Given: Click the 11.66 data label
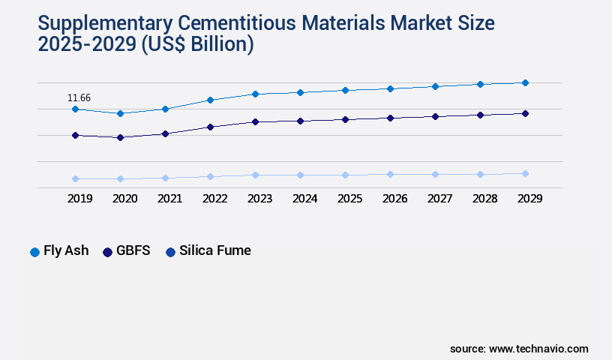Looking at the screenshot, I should point(79,97).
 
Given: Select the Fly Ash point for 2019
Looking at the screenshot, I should point(75,109).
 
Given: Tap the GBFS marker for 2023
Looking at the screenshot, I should point(255,121).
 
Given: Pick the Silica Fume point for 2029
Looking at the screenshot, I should point(525,173).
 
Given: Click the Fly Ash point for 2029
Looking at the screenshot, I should point(525,82).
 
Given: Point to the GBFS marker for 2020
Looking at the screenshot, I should point(120,137).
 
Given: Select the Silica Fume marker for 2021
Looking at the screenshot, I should point(165,178).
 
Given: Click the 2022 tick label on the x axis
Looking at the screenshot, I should point(214,199).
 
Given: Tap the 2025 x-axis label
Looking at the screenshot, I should point(349,199).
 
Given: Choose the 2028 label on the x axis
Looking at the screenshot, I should point(484,199).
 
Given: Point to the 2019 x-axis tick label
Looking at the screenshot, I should point(79,199).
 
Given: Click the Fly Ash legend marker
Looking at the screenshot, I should point(34,252).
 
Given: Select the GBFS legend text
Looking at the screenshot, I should point(133,251).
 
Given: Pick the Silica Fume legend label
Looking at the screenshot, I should point(215,251).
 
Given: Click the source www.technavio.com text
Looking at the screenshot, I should point(519,349).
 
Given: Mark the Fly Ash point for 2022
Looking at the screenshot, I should point(210,100).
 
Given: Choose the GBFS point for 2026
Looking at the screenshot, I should point(390,118).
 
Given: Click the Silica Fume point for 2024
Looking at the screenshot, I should point(300,175).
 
